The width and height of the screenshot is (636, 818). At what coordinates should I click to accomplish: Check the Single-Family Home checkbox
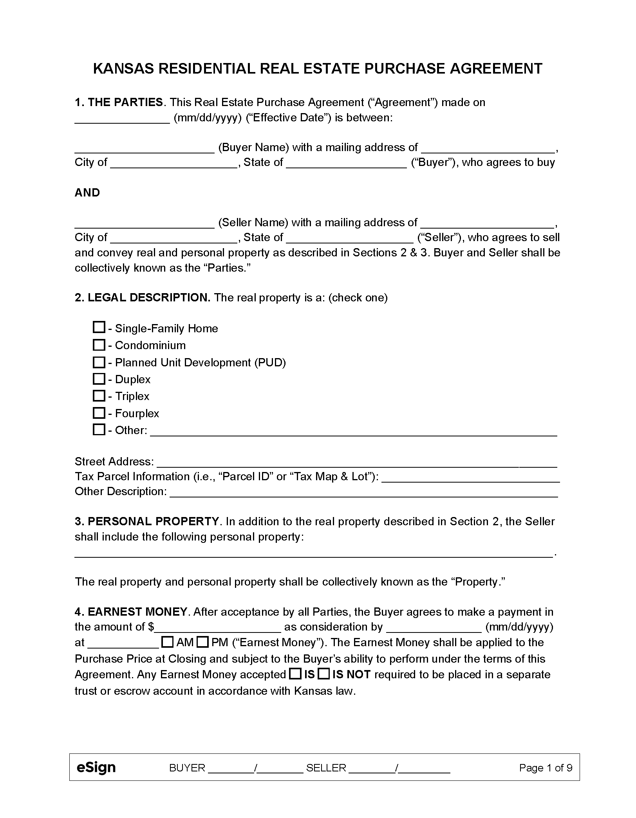pos(99,327)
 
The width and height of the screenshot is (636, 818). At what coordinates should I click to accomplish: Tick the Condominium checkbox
pos(99,345)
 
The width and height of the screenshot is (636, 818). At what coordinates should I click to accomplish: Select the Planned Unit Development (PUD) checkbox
pos(99,362)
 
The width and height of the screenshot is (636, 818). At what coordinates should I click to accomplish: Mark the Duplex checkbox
pos(99,379)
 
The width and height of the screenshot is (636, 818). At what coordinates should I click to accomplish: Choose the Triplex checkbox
pos(99,396)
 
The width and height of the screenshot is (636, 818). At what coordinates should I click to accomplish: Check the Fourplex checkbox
pos(99,413)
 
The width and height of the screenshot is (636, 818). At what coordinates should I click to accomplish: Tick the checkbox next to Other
pos(99,430)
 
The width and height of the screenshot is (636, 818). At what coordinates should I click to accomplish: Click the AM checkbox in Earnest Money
pos(168,642)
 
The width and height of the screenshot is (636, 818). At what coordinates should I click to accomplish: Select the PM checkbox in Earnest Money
pos(202,642)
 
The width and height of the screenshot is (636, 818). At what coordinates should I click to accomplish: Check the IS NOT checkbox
pos(323,674)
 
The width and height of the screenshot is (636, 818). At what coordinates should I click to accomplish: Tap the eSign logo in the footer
pos(96,768)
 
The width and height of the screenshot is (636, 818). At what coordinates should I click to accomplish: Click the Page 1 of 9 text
pos(546,768)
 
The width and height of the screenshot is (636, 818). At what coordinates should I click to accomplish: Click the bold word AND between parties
pos(87,193)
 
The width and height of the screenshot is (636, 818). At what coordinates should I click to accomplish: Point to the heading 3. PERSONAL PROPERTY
pos(147,521)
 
